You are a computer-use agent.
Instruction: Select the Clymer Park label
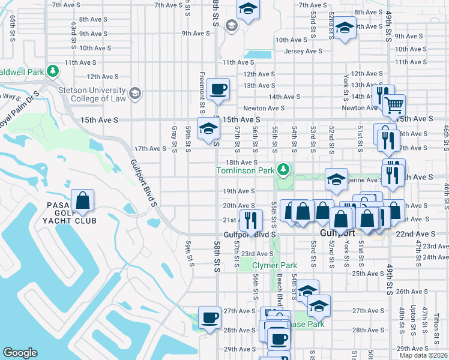pyautogui.click(x=274, y=265)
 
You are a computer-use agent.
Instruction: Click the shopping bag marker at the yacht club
pyautogui.click(x=83, y=202)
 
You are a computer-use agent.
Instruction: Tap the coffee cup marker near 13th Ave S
pyautogui.click(x=218, y=89)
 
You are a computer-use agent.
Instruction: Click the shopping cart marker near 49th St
pyautogui.click(x=394, y=106)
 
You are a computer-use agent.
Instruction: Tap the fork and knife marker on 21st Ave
pyautogui.click(x=250, y=220)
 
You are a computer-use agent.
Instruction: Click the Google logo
pyautogui.click(x=20, y=353)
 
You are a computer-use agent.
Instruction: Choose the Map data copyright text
pyautogui.click(x=424, y=356)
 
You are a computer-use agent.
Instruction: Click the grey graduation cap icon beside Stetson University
pyautogui.click(x=136, y=92)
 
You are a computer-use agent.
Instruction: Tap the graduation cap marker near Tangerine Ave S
pyautogui.click(x=336, y=179)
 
